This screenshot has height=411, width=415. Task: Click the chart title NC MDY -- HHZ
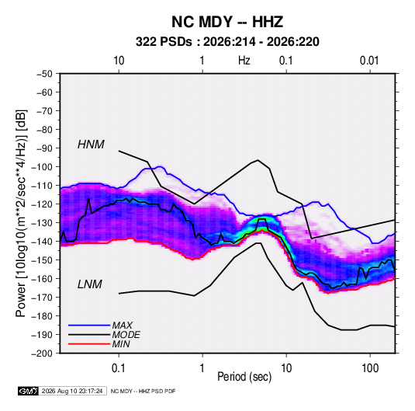pos(227,22)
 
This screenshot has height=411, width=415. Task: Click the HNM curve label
pos(91,145)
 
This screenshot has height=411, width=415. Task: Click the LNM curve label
pos(90,284)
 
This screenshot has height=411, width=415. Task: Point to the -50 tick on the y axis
pos(44,74)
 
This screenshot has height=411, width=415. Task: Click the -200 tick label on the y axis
pos(42,354)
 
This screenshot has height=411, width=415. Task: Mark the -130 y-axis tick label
pos(42,223)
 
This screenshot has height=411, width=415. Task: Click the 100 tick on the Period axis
pos(370,368)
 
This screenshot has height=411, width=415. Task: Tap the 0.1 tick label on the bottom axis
pos(119,368)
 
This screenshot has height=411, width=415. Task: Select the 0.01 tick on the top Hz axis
pos(369,61)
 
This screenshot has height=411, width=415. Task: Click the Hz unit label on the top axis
pos(244,61)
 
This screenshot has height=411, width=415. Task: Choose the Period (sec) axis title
pos(244,377)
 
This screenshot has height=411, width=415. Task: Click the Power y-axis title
pos(21,213)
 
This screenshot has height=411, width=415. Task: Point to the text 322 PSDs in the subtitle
pos(164,42)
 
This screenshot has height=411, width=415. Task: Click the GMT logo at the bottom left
pos(29,391)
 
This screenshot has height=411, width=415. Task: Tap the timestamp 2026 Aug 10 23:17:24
pos(72,391)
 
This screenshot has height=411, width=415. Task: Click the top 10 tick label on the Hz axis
pos(119,61)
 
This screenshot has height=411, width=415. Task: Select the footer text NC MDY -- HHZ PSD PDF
pos(143,391)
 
